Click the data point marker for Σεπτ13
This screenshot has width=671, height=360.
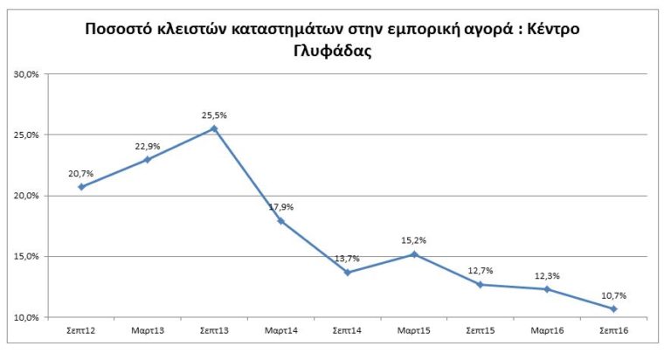click(x=214, y=128)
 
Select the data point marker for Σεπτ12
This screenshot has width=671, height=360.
click(x=81, y=186)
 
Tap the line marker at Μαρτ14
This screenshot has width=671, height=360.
click(x=280, y=221)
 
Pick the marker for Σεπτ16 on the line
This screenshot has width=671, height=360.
click(x=613, y=308)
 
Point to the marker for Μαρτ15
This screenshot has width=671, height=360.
click(x=414, y=254)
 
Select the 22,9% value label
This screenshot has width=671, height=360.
click(x=148, y=145)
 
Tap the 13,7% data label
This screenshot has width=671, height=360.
click(x=346, y=259)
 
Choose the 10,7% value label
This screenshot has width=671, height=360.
click(x=613, y=294)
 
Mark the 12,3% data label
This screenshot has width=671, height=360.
click(x=547, y=275)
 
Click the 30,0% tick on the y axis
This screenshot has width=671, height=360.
click(x=26, y=74)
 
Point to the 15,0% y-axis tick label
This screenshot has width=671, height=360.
click(x=26, y=257)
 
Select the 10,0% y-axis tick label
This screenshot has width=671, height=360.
click(x=26, y=317)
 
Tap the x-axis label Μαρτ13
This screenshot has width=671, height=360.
click(x=148, y=332)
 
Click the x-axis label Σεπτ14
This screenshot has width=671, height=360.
click(x=347, y=332)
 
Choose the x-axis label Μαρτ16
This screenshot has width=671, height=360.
click(x=547, y=332)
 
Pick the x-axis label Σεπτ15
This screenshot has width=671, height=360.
click(x=481, y=332)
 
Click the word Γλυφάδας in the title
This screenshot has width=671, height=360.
click(x=335, y=51)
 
